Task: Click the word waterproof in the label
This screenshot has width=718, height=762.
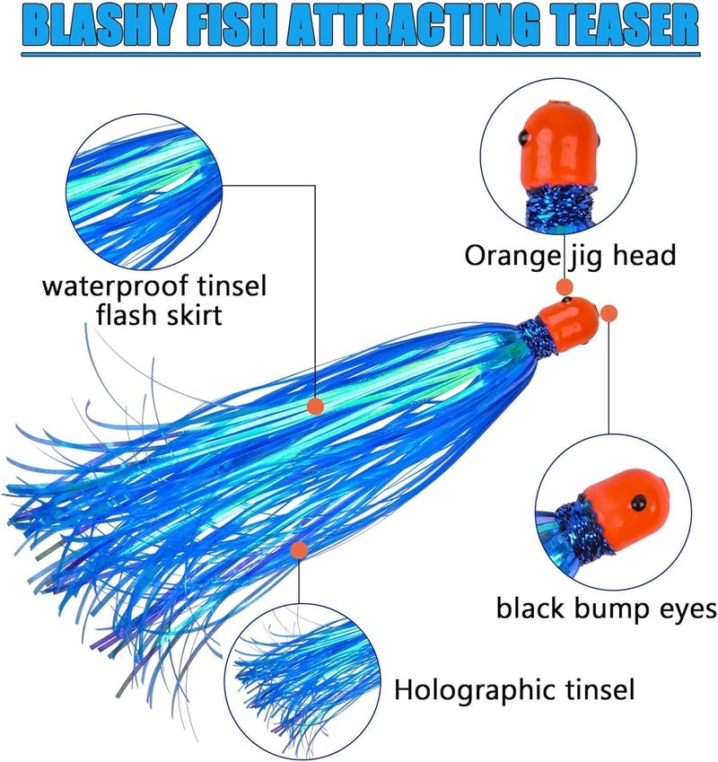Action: [115, 286]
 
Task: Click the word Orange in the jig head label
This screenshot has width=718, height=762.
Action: [512, 256]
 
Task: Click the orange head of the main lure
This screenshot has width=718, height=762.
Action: [568, 323]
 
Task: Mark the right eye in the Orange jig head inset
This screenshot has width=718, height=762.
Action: [597, 140]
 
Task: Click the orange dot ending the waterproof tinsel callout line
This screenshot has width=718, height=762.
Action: [316, 406]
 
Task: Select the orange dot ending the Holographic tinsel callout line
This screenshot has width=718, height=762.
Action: [299, 549]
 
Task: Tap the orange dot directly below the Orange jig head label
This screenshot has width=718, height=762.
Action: [564, 286]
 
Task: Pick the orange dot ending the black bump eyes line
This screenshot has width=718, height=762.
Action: [609, 312]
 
